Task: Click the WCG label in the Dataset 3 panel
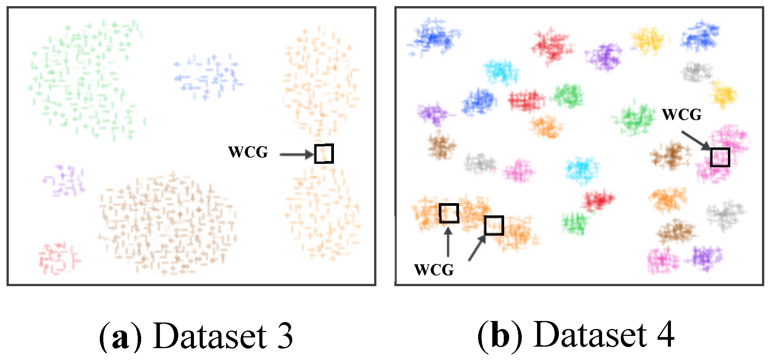pyautogui.click(x=248, y=152)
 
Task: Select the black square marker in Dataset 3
pyautogui.click(x=324, y=154)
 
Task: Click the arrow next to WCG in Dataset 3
pyautogui.click(x=296, y=155)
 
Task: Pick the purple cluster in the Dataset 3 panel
pyautogui.click(x=64, y=181)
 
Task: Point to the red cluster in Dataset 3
pyautogui.click(x=58, y=258)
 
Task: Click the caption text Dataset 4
pyautogui.click(x=604, y=335)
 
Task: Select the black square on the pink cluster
pyautogui.click(x=720, y=157)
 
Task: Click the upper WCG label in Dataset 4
pyautogui.click(x=682, y=114)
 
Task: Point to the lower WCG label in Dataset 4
pyautogui.click(x=434, y=270)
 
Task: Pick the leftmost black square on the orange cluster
pyautogui.click(x=449, y=213)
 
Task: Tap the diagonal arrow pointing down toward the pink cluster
pyautogui.click(x=695, y=140)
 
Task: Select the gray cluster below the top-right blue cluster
pyautogui.click(x=697, y=72)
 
